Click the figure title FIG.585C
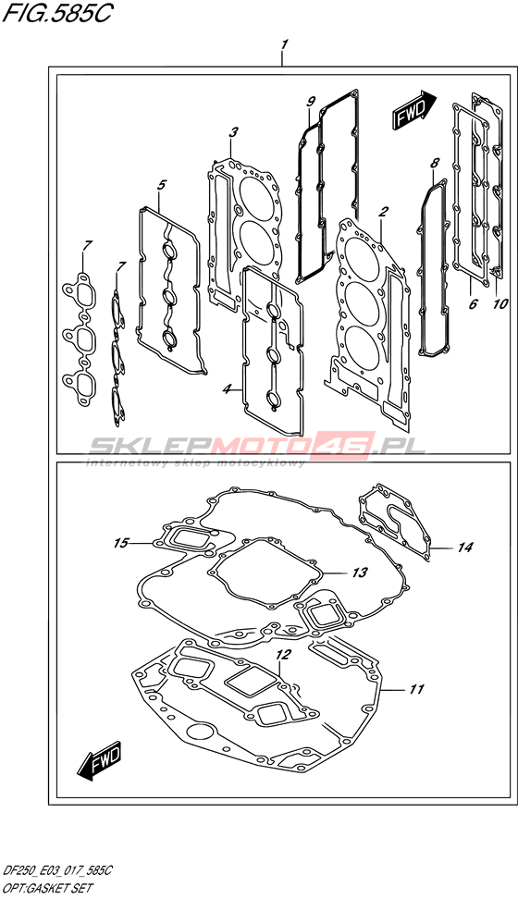(56, 14)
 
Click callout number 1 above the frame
(283, 44)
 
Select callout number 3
(233, 133)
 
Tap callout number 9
(311, 102)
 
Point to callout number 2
(383, 212)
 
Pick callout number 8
(434, 163)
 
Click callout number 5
(162, 185)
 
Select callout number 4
(228, 389)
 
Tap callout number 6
(474, 303)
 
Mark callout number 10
(500, 303)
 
